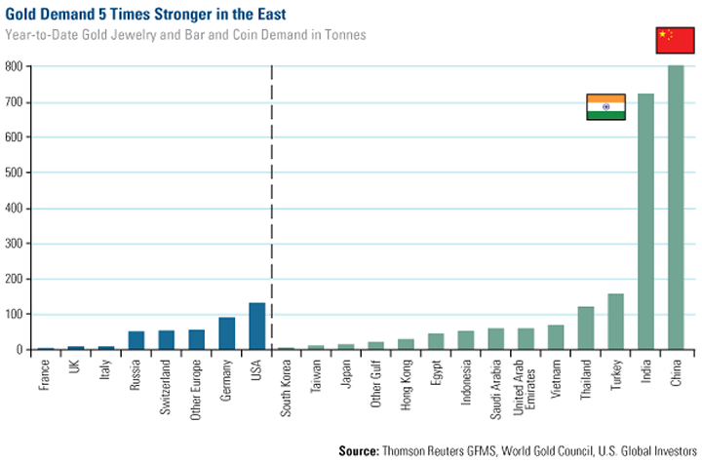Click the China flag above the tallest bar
pyautogui.click(x=676, y=40)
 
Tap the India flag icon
pyautogui.click(x=605, y=107)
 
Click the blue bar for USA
pyautogui.click(x=256, y=327)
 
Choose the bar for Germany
pyautogui.click(x=226, y=333)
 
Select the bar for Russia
pyautogui.click(x=136, y=340)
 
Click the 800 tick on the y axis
pyautogui.click(x=15, y=66)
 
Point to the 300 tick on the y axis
pyautogui.click(x=15, y=244)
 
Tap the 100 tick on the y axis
pyautogui.click(x=15, y=314)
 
